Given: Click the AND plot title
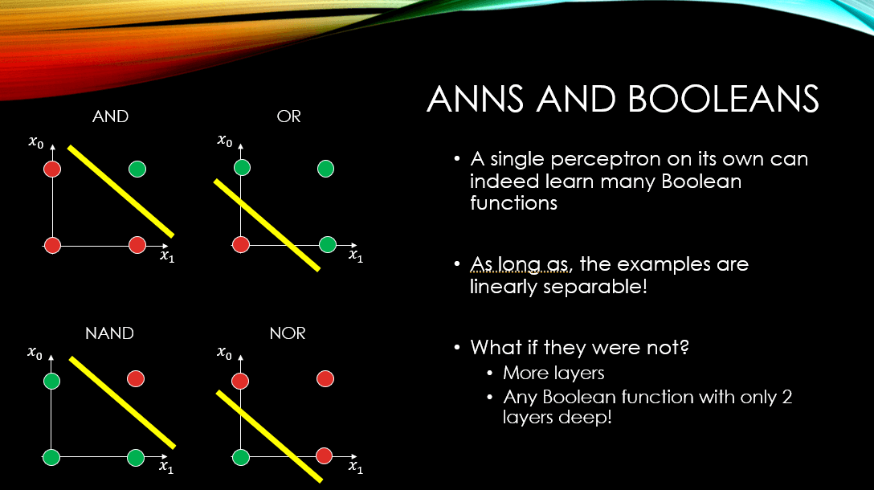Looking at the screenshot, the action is point(110,116).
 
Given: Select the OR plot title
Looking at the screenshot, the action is point(288,116).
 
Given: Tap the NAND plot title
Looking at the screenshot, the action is point(109,333).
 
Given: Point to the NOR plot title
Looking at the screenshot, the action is point(288,333).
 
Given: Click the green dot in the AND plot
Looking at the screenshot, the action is point(137,169).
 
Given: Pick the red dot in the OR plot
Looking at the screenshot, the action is point(241,244).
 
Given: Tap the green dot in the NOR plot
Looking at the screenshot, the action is point(241,457).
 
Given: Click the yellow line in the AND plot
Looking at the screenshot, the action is point(121,191).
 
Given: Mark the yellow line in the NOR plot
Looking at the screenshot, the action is point(269,436).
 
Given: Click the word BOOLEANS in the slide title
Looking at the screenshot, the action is point(724,100).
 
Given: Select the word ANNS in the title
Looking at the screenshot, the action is point(475,100).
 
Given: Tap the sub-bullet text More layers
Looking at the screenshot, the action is point(553,373).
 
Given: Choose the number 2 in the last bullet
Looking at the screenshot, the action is point(786,397).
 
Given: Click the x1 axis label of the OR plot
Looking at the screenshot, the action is point(356,256).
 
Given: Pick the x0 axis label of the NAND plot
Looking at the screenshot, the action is point(35,353).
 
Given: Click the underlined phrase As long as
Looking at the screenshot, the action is point(520,264).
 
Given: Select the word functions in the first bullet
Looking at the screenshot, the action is point(513,203).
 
